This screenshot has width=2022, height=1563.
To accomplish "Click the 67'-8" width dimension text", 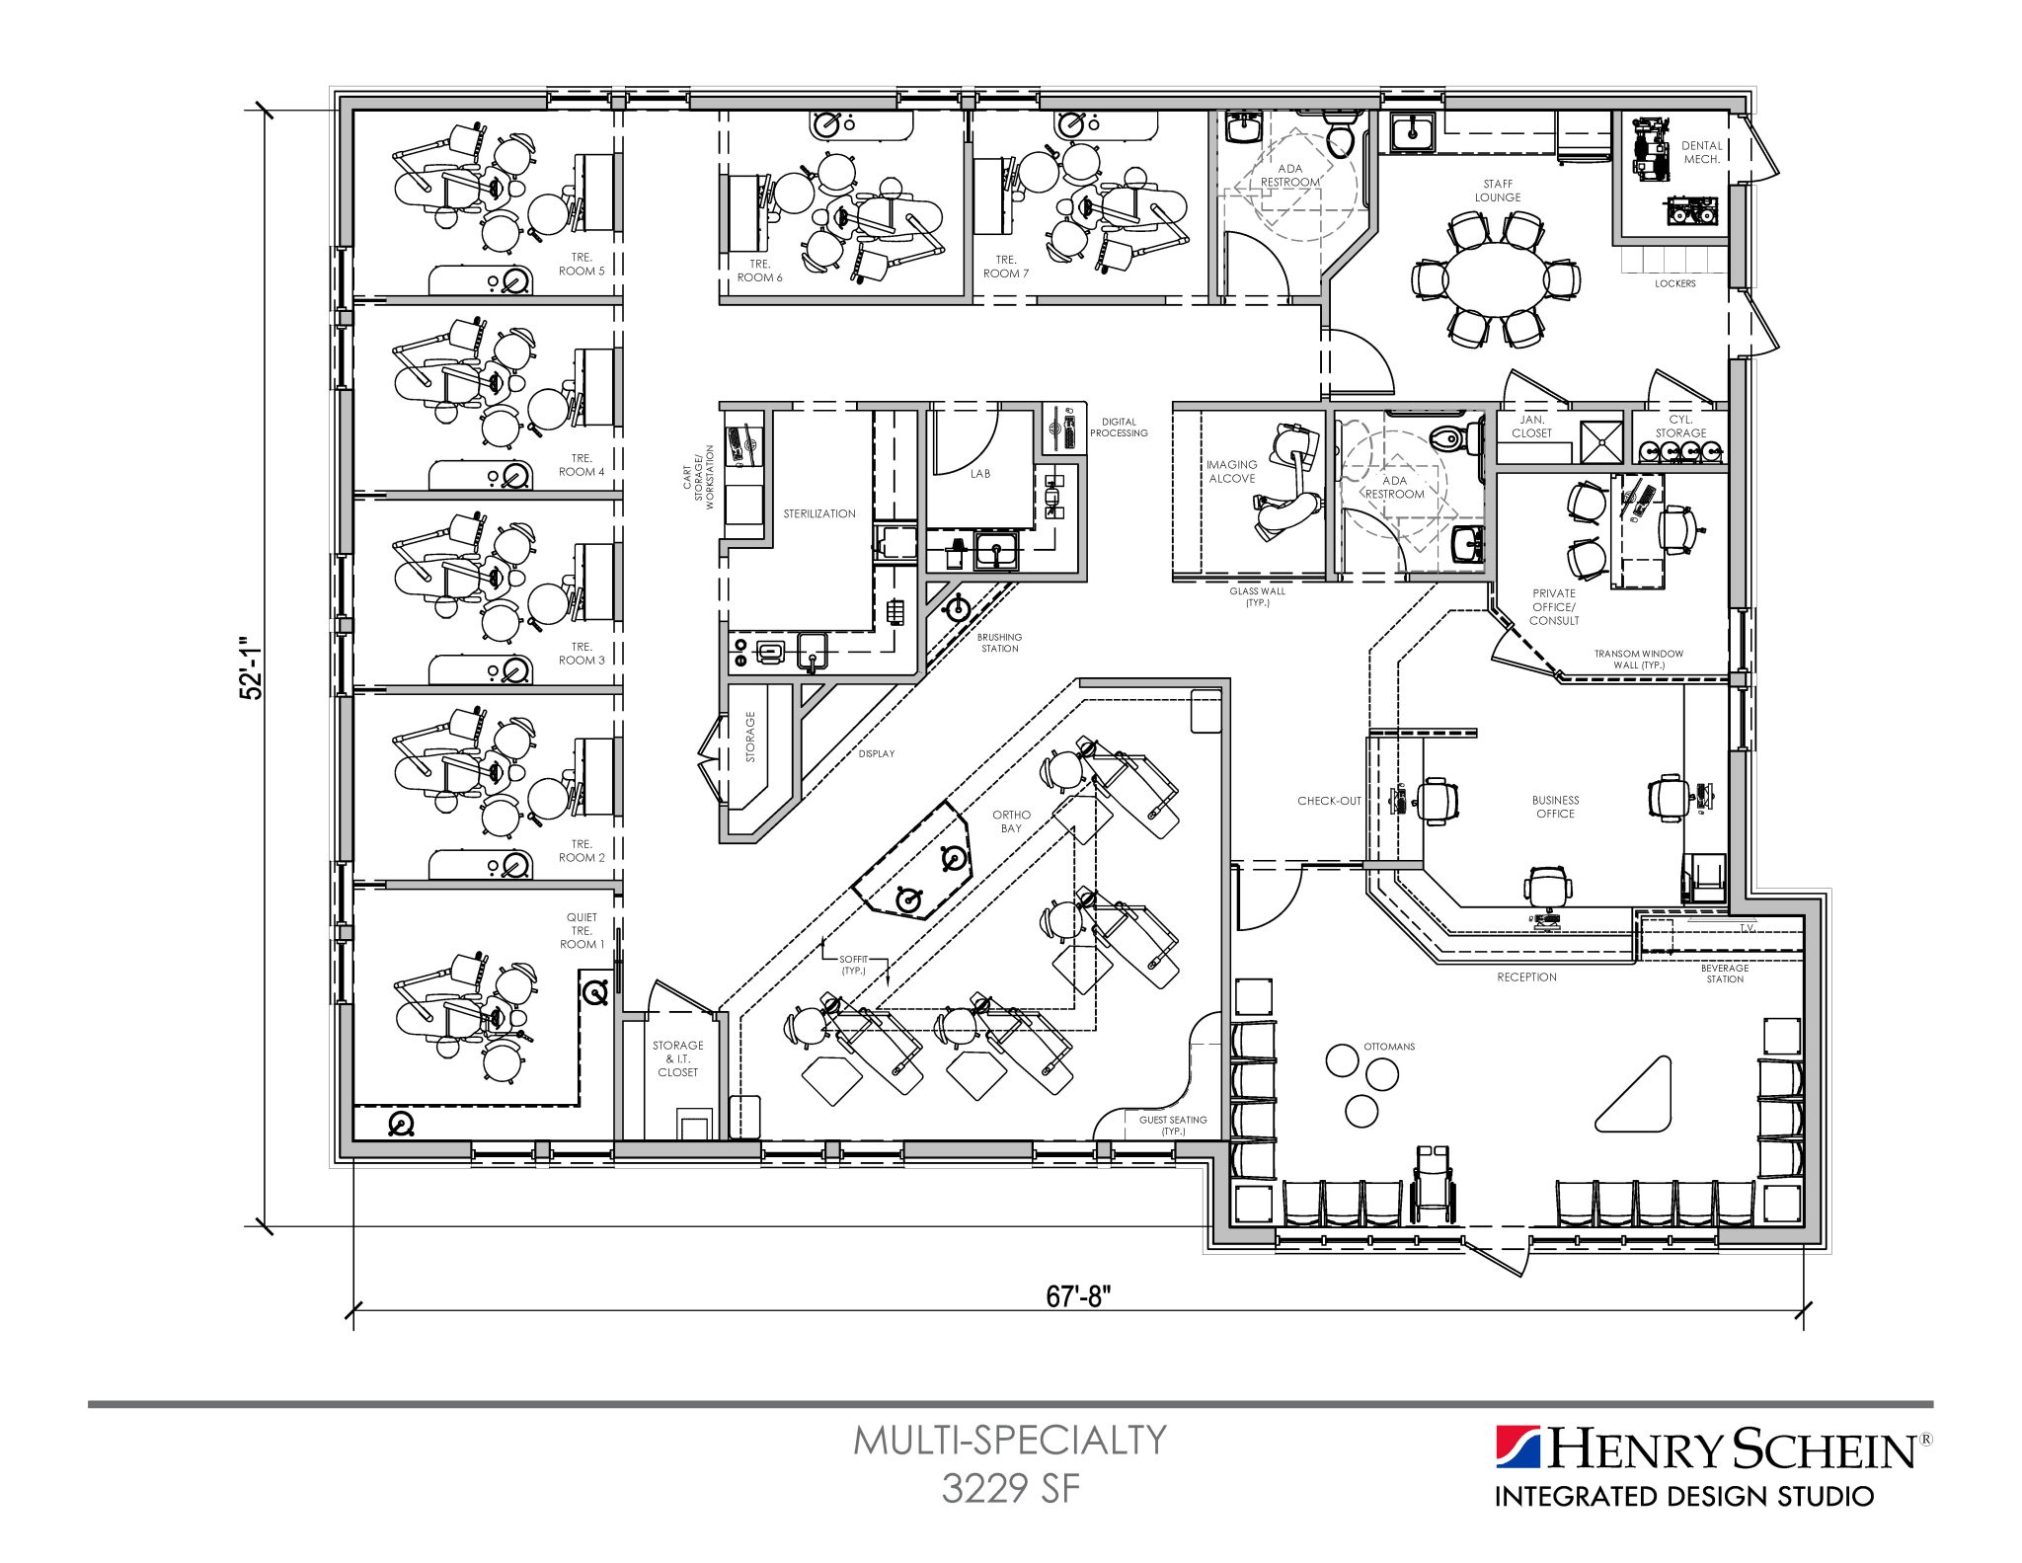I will (x=1078, y=1295).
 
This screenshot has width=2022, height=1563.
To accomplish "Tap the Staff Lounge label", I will (x=1497, y=191).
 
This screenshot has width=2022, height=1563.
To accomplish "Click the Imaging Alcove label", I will (x=1231, y=471).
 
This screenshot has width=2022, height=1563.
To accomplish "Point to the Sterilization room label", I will (x=818, y=513).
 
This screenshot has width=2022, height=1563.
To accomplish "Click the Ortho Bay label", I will (x=1011, y=821).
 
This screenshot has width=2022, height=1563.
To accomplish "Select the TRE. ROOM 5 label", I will (x=582, y=264).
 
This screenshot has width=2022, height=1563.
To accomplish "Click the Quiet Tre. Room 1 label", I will (x=582, y=930).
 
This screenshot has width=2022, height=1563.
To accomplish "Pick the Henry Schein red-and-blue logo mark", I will (x=1517, y=1448).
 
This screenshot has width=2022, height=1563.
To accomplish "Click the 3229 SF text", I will (x=1010, y=1488).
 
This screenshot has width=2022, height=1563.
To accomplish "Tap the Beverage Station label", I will (x=1724, y=974).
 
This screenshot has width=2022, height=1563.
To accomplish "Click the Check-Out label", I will (x=1329, y=801).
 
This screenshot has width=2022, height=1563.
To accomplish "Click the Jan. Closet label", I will (x=1531, y=427).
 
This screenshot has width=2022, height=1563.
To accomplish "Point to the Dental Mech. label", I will (x=1701, y=152).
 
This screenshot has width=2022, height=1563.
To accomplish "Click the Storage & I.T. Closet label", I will (x=677, y=1058).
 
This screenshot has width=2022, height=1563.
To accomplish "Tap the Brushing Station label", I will (x=999, y=643).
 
